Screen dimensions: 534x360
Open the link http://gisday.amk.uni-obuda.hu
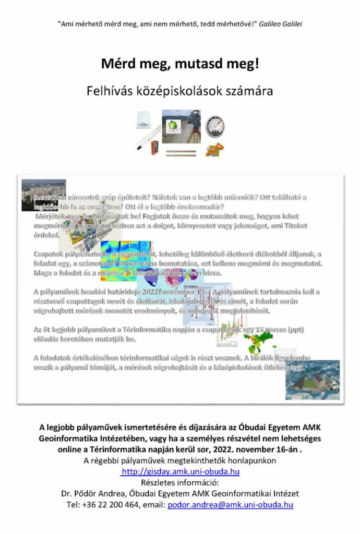pos(180,471)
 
